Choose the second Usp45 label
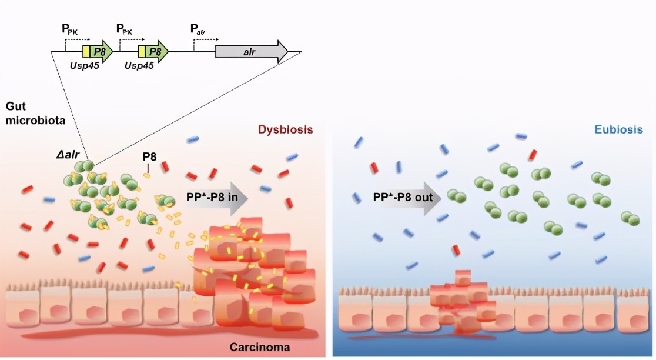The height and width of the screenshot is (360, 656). click(139, 66)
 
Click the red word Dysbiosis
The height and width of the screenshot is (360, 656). click(285, 130)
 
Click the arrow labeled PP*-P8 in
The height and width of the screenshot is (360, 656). click(215, 197)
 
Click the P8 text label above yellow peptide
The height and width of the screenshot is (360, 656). click(149, 158)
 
